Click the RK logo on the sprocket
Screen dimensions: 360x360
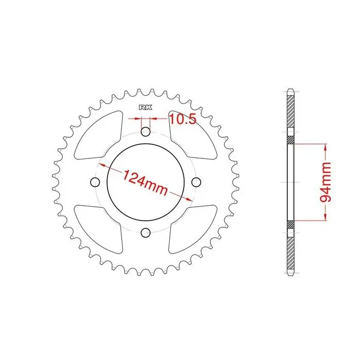click(146, 107)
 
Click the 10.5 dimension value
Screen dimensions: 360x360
click(183, 119)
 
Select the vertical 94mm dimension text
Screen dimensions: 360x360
click(326, 182)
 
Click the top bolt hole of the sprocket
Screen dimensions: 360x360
click(146, 132)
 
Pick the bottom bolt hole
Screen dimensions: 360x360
click(146, 232)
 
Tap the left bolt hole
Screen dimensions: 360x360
click(95, 182)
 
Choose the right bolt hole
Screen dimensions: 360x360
click(196, 182)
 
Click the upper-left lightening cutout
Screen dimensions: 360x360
click(98, 135)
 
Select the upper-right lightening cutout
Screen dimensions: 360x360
click(193, 135)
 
